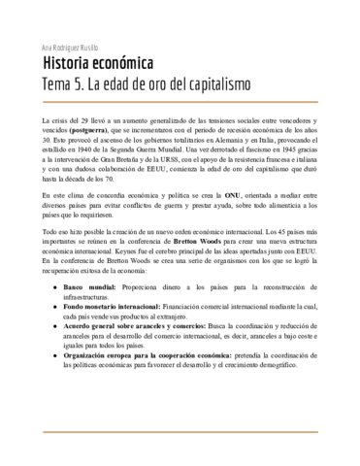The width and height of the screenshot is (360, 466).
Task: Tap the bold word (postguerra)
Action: coord(83,128)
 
